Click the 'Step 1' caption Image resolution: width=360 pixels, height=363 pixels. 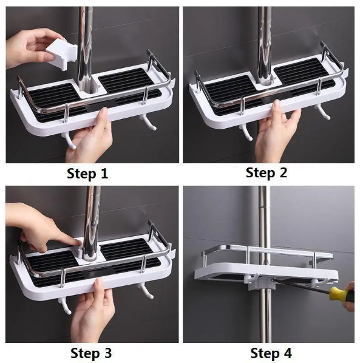tap(89, 174)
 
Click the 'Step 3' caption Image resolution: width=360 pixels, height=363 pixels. tap(91, 353)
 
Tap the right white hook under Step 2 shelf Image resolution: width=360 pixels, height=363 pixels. tap(322, 111)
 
